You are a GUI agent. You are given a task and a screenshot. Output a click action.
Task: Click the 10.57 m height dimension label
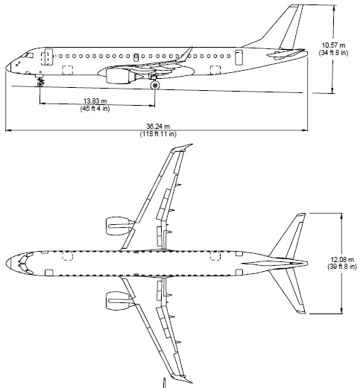tap(333, 45)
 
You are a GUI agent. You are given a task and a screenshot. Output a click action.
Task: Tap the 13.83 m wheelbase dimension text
tap(95, 101)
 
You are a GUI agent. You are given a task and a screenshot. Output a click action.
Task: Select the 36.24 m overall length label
tap(158, 127)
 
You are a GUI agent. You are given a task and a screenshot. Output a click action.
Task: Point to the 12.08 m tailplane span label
tap(342, 260)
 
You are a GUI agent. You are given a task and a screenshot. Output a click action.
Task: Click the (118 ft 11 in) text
tap(158, 134)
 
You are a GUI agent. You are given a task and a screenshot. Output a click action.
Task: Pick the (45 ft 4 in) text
tap(95, 109)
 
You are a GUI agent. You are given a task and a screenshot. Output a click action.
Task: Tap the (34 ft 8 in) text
tap(334, 53)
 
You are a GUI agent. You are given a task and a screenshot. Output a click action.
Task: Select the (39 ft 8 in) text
tap(342, 267)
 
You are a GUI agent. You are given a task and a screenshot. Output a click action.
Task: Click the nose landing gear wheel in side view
tap(40, 84)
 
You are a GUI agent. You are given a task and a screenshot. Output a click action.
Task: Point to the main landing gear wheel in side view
tap(155, 86)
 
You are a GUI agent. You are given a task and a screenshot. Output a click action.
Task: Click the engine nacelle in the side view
tap(118, 76)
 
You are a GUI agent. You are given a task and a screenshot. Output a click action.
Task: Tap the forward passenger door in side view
tap(47, 57)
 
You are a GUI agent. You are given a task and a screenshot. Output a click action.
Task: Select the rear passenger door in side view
tap(239, 57)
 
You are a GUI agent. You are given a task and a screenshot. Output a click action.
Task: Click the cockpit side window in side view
tap(29, 55)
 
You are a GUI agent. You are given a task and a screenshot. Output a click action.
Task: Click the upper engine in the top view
tap(117, 226)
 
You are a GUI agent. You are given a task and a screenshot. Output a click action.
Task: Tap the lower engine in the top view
tap(117, 301)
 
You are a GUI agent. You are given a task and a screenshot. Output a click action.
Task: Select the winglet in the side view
tap(186, 54)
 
